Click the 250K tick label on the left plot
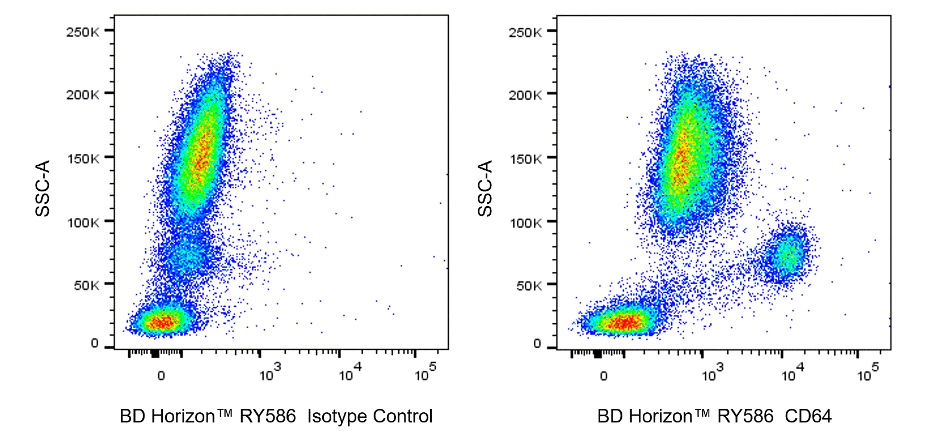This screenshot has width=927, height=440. tap(83, 32)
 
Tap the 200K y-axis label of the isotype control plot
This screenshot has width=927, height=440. tap(83, 95)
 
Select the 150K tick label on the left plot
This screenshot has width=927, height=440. tap(83, 159)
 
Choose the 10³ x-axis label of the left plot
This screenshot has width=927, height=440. tap(269, 374)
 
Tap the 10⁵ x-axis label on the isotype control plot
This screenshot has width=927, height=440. tap(425, 374)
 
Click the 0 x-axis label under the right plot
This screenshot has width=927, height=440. tap(604, 376)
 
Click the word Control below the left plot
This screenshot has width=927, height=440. tap(402, 416)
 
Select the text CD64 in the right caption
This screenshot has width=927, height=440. tap(808, 416)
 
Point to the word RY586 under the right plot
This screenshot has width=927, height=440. tap(745, 416)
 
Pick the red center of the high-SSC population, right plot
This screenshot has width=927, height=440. tap(681, 165)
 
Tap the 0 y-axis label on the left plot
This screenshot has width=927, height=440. tap(95, 343)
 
